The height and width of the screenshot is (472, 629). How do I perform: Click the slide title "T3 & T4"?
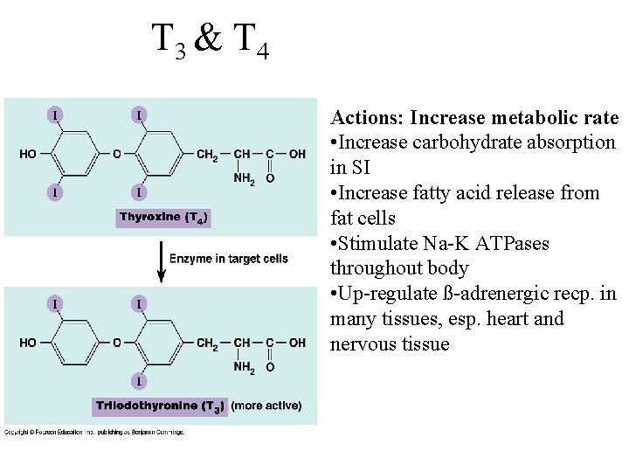point(210,40)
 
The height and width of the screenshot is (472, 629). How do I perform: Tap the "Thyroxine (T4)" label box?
point(164,218)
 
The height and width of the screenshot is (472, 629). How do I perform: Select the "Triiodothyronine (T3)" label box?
point(159,406)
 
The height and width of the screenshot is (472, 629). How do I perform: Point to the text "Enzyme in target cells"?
point(229,259)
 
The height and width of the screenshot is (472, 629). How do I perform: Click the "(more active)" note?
point(266,406)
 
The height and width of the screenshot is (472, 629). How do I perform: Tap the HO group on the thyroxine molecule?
point(28,155)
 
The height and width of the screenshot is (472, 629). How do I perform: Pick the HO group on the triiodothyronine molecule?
point(28,343)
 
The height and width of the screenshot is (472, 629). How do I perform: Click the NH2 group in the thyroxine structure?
point(244,179)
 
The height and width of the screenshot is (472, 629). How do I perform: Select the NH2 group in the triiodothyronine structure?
point(244,367)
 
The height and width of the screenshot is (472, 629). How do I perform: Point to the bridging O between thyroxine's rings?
point(117,155)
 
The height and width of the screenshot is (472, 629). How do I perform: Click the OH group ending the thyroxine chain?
point(298,155)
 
